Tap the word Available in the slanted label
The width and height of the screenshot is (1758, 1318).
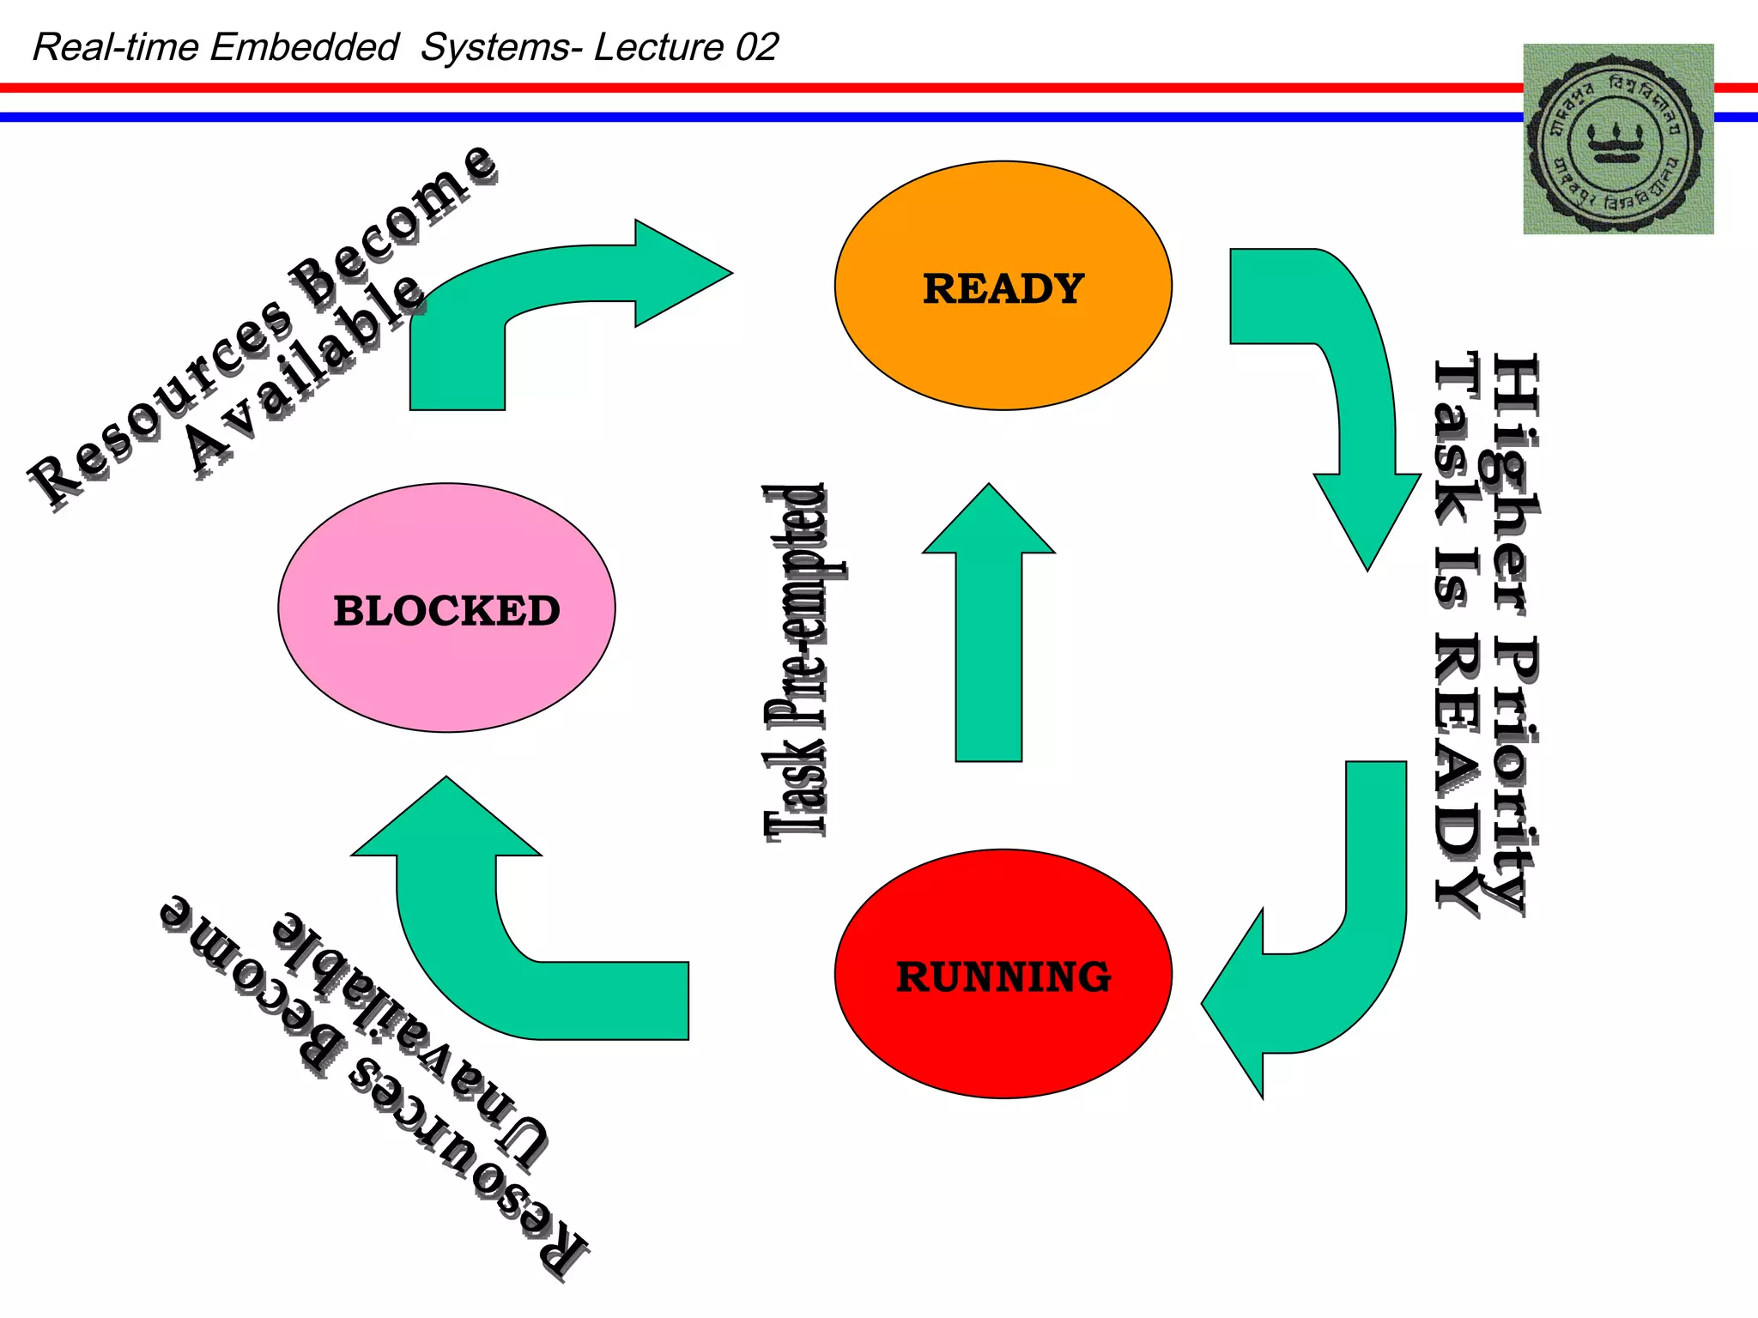pos(305,373)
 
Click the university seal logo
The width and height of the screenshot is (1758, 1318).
pos(1618,139)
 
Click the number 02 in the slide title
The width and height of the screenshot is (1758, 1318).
pos(756,47)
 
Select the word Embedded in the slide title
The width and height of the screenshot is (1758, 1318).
pos(304,47)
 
